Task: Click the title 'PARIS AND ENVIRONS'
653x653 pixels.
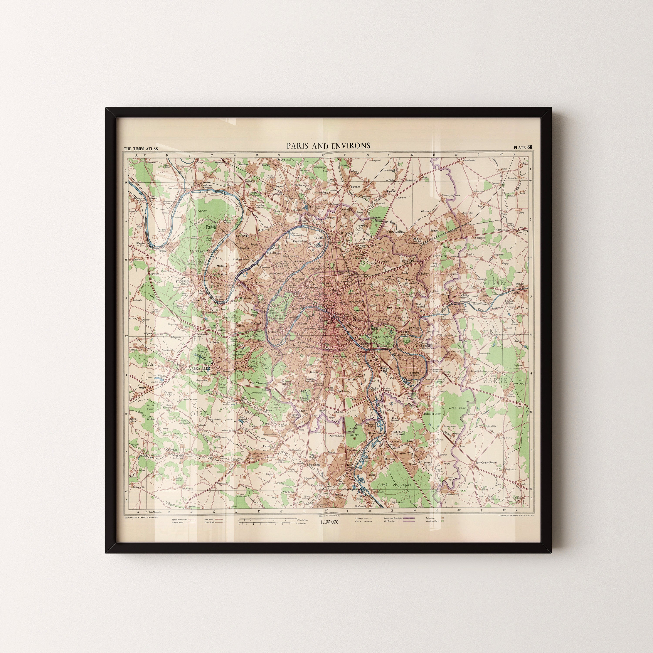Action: [x=328, y=146]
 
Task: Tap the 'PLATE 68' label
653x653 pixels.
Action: [x=523, y=147]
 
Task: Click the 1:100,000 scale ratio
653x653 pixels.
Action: [x=329, y=522]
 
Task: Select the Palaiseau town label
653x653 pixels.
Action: [x=268, y=446]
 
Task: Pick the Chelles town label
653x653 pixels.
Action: [x=465, y=295]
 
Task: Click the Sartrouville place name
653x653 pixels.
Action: [x=242, y=235]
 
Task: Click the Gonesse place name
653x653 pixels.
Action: [x=391, y=191]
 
